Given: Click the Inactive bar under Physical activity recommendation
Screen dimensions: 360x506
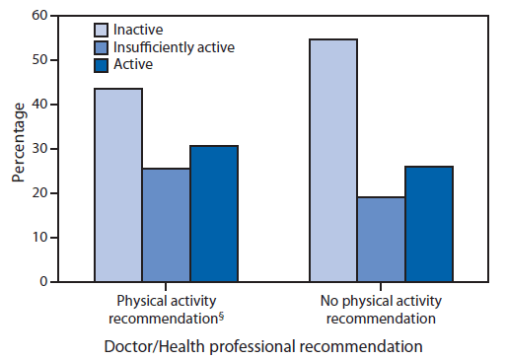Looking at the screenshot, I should click(117, 185).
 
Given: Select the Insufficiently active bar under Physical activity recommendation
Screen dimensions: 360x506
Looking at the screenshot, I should click(166, 225).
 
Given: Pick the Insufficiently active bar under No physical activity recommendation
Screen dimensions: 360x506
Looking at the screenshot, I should click(382, 240).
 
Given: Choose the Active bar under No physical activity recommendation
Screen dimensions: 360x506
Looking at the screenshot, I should click(429, 224).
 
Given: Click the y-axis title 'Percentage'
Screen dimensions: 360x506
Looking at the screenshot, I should click(18, 149).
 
